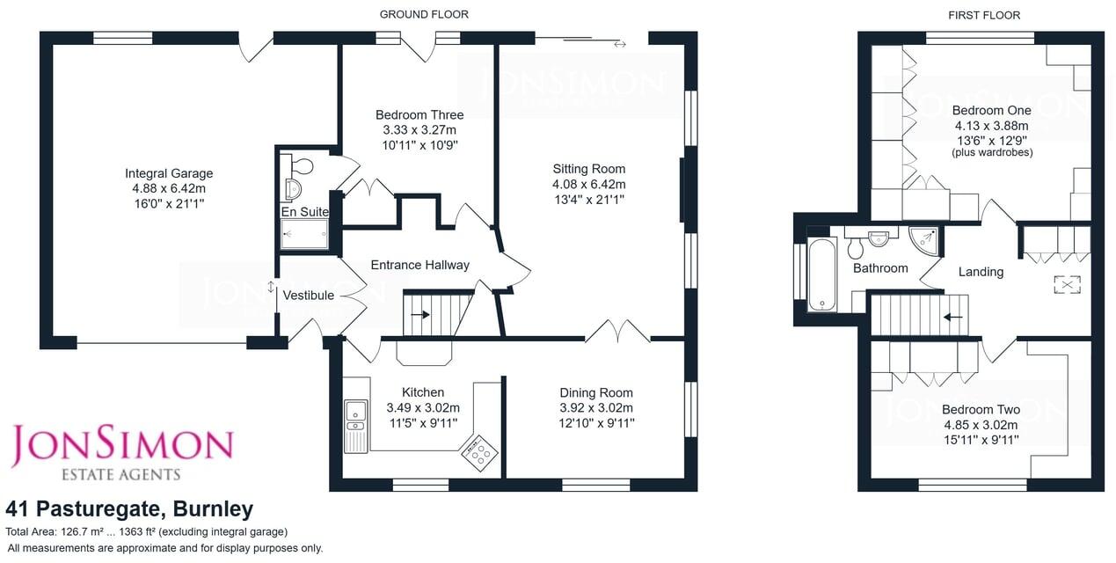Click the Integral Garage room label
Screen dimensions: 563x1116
coord(169,173)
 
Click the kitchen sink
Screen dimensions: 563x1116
coord(356,412)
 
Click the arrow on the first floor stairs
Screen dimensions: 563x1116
coord(952,316)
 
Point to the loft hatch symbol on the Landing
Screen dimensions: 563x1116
coord(1068,285)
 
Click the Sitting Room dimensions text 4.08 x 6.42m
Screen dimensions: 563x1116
coord(588,184)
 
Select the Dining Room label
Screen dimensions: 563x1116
coord(596,393)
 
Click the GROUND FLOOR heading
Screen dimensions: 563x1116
coord(424,14)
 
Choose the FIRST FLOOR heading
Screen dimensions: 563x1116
coord(983,15)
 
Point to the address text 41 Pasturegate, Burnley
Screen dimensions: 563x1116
coord(129,508)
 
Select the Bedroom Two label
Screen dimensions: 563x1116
coord(981,410)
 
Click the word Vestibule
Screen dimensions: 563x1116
coord(309,296)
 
